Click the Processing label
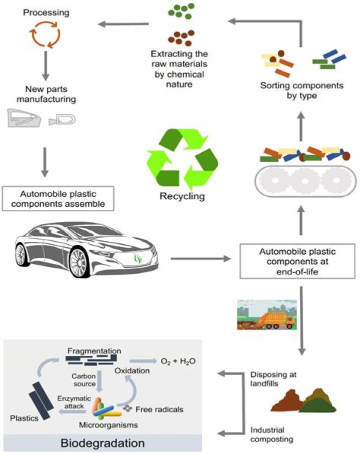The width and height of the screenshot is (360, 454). [x=45, y=11]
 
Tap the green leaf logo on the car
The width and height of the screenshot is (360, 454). [x=138, y=259]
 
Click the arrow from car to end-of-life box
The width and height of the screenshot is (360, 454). [x=200, y=259]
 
